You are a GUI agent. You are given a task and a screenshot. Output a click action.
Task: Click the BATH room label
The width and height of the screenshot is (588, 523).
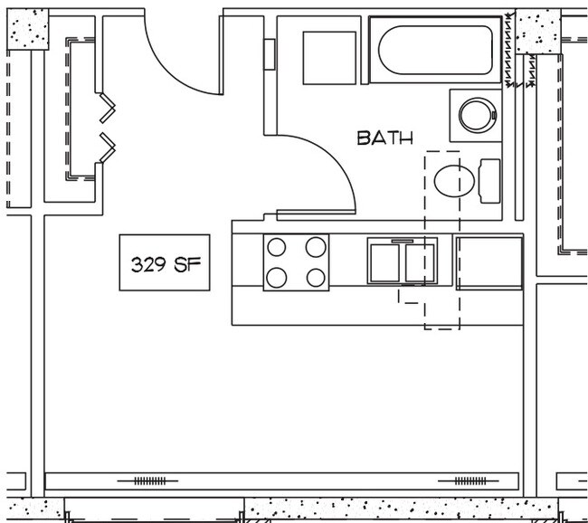click(x=384, y=138)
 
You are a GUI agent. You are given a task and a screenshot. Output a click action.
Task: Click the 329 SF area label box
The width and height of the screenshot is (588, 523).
click(x=165, y=264)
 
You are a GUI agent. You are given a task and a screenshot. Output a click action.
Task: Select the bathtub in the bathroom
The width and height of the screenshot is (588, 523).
click(x=436, y=50)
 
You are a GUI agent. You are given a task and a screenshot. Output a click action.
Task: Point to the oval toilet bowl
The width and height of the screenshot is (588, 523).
click(x=454, y=181)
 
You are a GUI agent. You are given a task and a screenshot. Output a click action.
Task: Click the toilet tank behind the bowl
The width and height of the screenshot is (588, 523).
click(x=488, y=181)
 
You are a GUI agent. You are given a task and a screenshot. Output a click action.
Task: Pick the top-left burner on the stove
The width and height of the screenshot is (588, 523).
click(x=277, y=247)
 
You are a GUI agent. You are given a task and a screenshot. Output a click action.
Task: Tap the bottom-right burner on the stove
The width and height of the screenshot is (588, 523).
click(x=315, y=277)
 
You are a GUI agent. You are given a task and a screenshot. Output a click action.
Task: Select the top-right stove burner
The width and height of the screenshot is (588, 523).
click(x=315, y=247)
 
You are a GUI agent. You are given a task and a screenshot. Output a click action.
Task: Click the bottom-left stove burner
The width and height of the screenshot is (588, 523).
click(x=277, y=277)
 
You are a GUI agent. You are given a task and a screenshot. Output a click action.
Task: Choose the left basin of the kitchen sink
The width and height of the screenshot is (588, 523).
click(x=384, y=262)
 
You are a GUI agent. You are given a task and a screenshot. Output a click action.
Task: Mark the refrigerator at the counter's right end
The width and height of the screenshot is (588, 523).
click(x=489, y=262)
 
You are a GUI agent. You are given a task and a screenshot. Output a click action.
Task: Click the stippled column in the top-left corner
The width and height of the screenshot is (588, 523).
click(x=27, y=30)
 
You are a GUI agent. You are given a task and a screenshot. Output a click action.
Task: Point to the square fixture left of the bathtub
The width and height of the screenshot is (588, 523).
click(x=328, y=58)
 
